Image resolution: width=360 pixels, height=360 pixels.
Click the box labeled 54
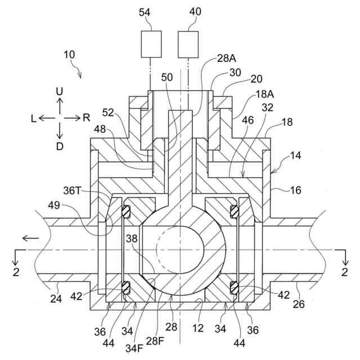(x=151, y=45)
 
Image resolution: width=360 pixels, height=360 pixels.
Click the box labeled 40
(x=188, y=45)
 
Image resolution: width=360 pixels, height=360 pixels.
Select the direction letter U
(x=60, y=91)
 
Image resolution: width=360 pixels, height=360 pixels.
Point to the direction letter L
(x=34, y=118)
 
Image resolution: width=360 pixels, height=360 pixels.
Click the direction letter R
(x=86, y=118)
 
